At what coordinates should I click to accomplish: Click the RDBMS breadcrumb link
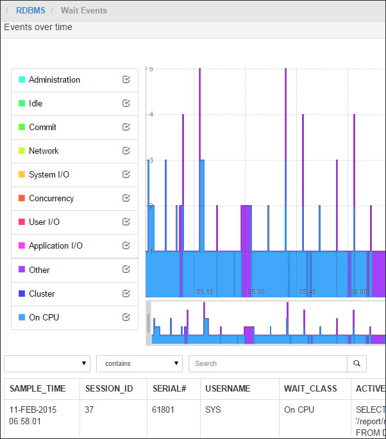pyautogui.click(x=31, y=10)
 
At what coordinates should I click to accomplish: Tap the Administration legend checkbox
pyautogui.click(x=126, y=79)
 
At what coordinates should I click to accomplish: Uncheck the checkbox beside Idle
pyautogui.click(x=126, y=103)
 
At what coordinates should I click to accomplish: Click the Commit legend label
pyautogui.click(x=42, y=127)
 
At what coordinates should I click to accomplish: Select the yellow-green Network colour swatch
pyautogui.click(x=22, y=151)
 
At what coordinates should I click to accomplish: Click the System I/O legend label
pyautogui.click(x=49, y=174)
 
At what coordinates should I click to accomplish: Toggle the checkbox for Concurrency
pyautogui.click(x=126, y=198)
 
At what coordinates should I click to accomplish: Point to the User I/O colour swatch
pyautogui.click(x=22, y=222)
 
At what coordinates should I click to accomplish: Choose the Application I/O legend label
pyautogui.click(x=55, y=245)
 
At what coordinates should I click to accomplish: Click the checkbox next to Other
pyautogui.click(x=126, y=270)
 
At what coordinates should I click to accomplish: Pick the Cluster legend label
pyautogui.click(x=42, y=294)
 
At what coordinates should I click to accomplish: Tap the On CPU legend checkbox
pyautogui.click(x=126, y=317)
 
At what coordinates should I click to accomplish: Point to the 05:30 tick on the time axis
pyautogui.click(x=256, y=292)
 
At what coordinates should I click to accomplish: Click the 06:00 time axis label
pyautogui.click(x=358, y=292)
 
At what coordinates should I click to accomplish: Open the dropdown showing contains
pyautogui.click(x=139, y=363)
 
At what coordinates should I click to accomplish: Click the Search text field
pyautogui.click(x=267, y=363)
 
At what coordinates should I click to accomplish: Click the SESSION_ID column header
pyautogui.click(x=108, y=388)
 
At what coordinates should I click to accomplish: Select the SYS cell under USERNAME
pyautogui.click(x=212, y=409)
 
